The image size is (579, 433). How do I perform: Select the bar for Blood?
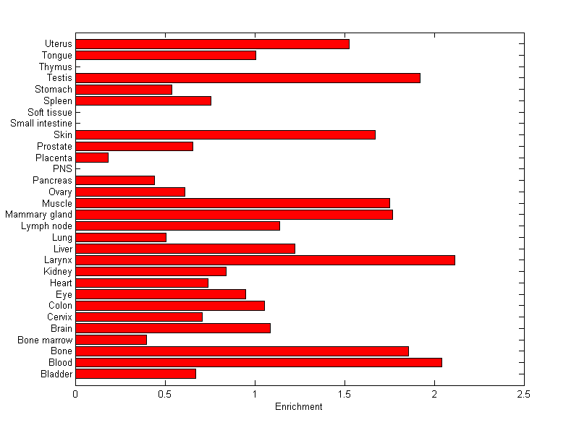click(258, 362)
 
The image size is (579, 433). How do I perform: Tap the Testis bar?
click(248, 78)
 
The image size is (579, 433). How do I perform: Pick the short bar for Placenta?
click(92, 158)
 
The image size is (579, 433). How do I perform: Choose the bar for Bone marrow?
click(111, 340)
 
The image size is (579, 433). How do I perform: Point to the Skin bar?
click(225, 134)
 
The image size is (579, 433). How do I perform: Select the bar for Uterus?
click(212, 44)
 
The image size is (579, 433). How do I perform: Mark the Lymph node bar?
click(177, 226)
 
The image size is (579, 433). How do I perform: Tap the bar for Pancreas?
click(115, 180)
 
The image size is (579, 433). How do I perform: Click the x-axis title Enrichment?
click(299, 407)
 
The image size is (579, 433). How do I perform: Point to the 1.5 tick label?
click(345, 394)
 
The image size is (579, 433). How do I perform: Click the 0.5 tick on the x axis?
click(165, 394)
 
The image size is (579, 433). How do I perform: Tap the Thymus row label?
click(56, 67)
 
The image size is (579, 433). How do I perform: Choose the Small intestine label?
click(41, 124)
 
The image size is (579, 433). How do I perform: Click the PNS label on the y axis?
click(63, 169)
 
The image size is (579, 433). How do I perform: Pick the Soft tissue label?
click(50, 112)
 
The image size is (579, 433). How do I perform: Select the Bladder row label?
click(57, 374)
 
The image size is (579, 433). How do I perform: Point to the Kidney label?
click(58, 272)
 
